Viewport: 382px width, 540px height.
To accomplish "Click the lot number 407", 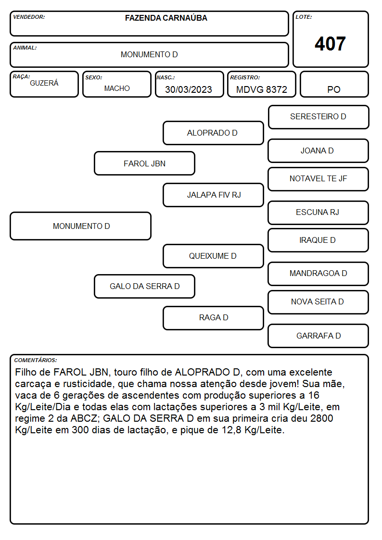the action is pos(330,44).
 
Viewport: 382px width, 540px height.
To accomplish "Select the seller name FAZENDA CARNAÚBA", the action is pos(166,18).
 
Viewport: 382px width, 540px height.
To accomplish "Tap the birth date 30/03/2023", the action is pos(189,89).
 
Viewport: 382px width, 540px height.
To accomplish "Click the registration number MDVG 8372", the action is pos(261,89).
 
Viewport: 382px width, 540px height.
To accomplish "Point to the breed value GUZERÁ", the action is pos(44,83).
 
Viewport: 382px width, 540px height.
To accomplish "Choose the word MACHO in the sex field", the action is pos(117,88).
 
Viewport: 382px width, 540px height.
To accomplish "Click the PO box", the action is pos(334,84).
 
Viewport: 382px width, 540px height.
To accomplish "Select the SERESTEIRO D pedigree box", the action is pos(318,117).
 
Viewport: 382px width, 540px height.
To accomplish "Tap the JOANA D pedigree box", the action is pos(318,151).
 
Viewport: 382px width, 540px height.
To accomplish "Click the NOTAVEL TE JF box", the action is pos(318,179).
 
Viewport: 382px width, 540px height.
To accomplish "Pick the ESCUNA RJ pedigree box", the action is pos(318,213).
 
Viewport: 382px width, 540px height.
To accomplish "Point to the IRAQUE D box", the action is pos(318,240).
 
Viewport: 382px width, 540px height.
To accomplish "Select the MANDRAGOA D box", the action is pos(318,274).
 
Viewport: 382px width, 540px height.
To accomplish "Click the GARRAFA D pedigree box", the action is pos(318,336).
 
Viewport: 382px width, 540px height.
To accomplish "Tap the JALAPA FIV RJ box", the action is pos(213,195).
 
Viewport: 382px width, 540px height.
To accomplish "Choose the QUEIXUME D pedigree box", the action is pos(213,256).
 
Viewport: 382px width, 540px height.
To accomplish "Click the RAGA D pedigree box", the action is pos(213,318).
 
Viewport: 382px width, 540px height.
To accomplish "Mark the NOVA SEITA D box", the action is pos(318,302).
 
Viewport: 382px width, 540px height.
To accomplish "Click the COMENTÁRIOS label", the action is pos(36,360).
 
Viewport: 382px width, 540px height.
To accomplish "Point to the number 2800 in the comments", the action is pos(321,418).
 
